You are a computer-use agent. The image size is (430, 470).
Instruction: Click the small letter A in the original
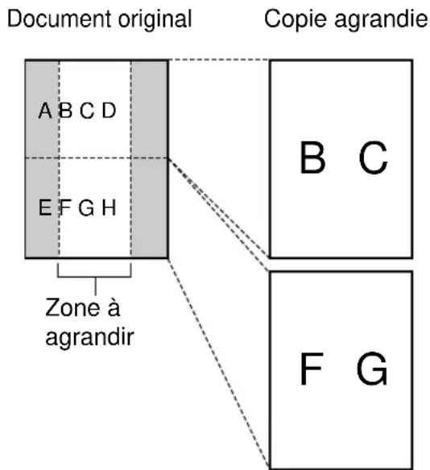(x=45, y=111)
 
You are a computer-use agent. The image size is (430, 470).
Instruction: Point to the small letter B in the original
(x=64, y=111)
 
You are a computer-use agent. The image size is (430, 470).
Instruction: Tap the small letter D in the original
(x=109, y=111)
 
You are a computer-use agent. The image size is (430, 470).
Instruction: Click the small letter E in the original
(x=45, y=208)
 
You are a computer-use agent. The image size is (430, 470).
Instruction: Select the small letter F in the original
(x=64, y=208)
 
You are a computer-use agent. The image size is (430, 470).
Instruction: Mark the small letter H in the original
(x=109, y=208)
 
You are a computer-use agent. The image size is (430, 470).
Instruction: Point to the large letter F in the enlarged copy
(x=312, y=370)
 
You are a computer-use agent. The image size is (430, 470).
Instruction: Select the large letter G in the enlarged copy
(x=372, y=370)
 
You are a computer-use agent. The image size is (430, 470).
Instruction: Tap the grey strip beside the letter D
(x=148, y=111)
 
